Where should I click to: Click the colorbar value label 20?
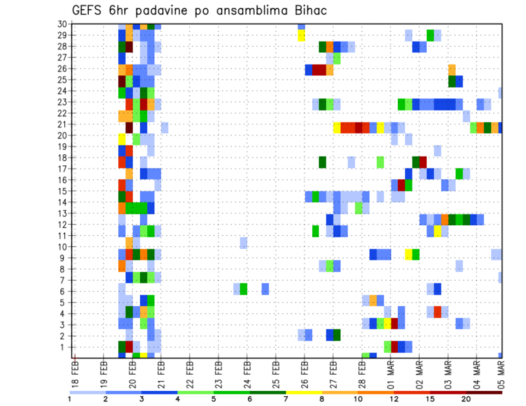pyautogui.click(x=466, y=399)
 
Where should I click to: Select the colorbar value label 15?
pyautogui.click(x=430, y=399)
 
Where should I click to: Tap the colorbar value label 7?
pyautogui.click(x=286, y=399)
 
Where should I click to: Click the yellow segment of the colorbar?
pyautogui.click(x=304, y=392)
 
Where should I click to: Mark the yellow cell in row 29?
pyautogui.click(x=301, y=36)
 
